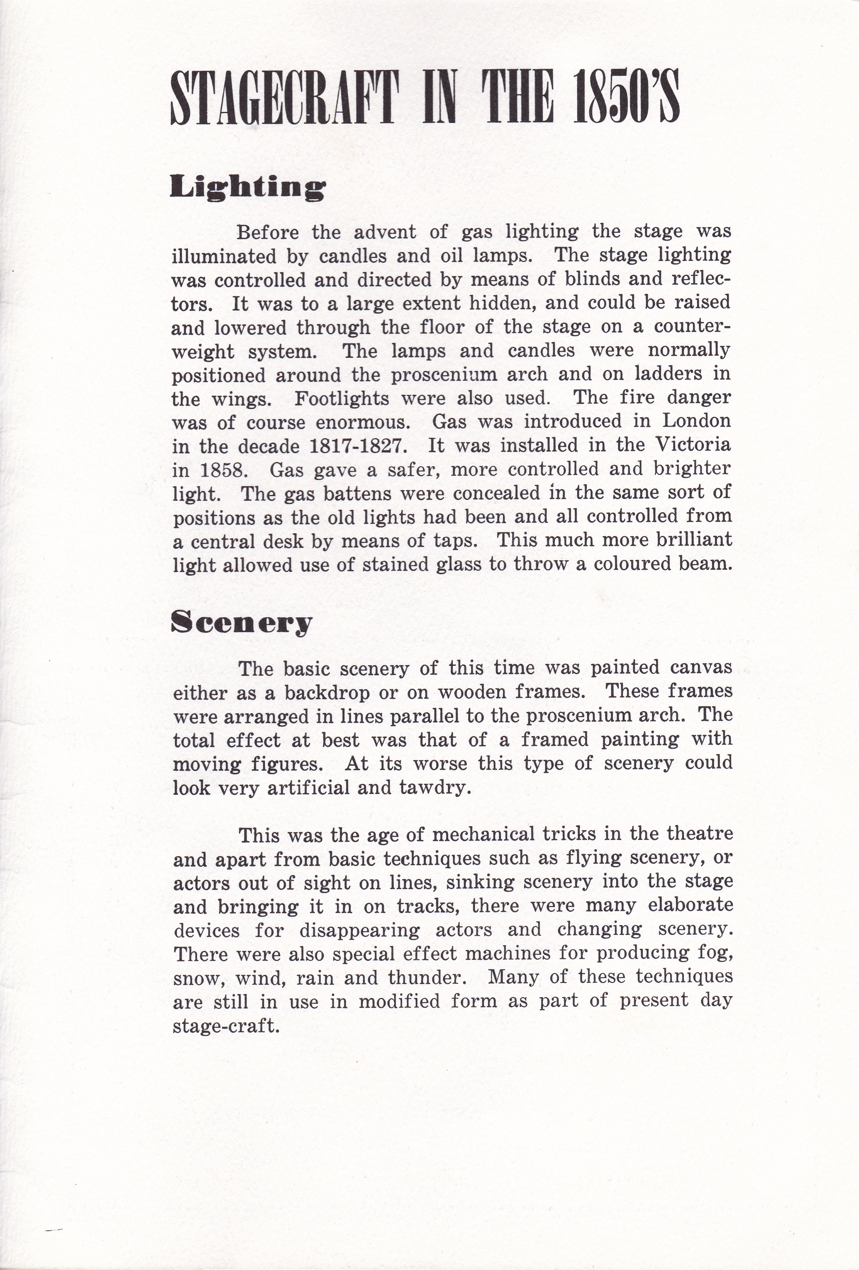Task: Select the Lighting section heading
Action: point(248,188)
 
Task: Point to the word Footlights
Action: point(342,398)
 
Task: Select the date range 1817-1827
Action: point(358,446)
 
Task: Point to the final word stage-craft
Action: point(226,1026)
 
